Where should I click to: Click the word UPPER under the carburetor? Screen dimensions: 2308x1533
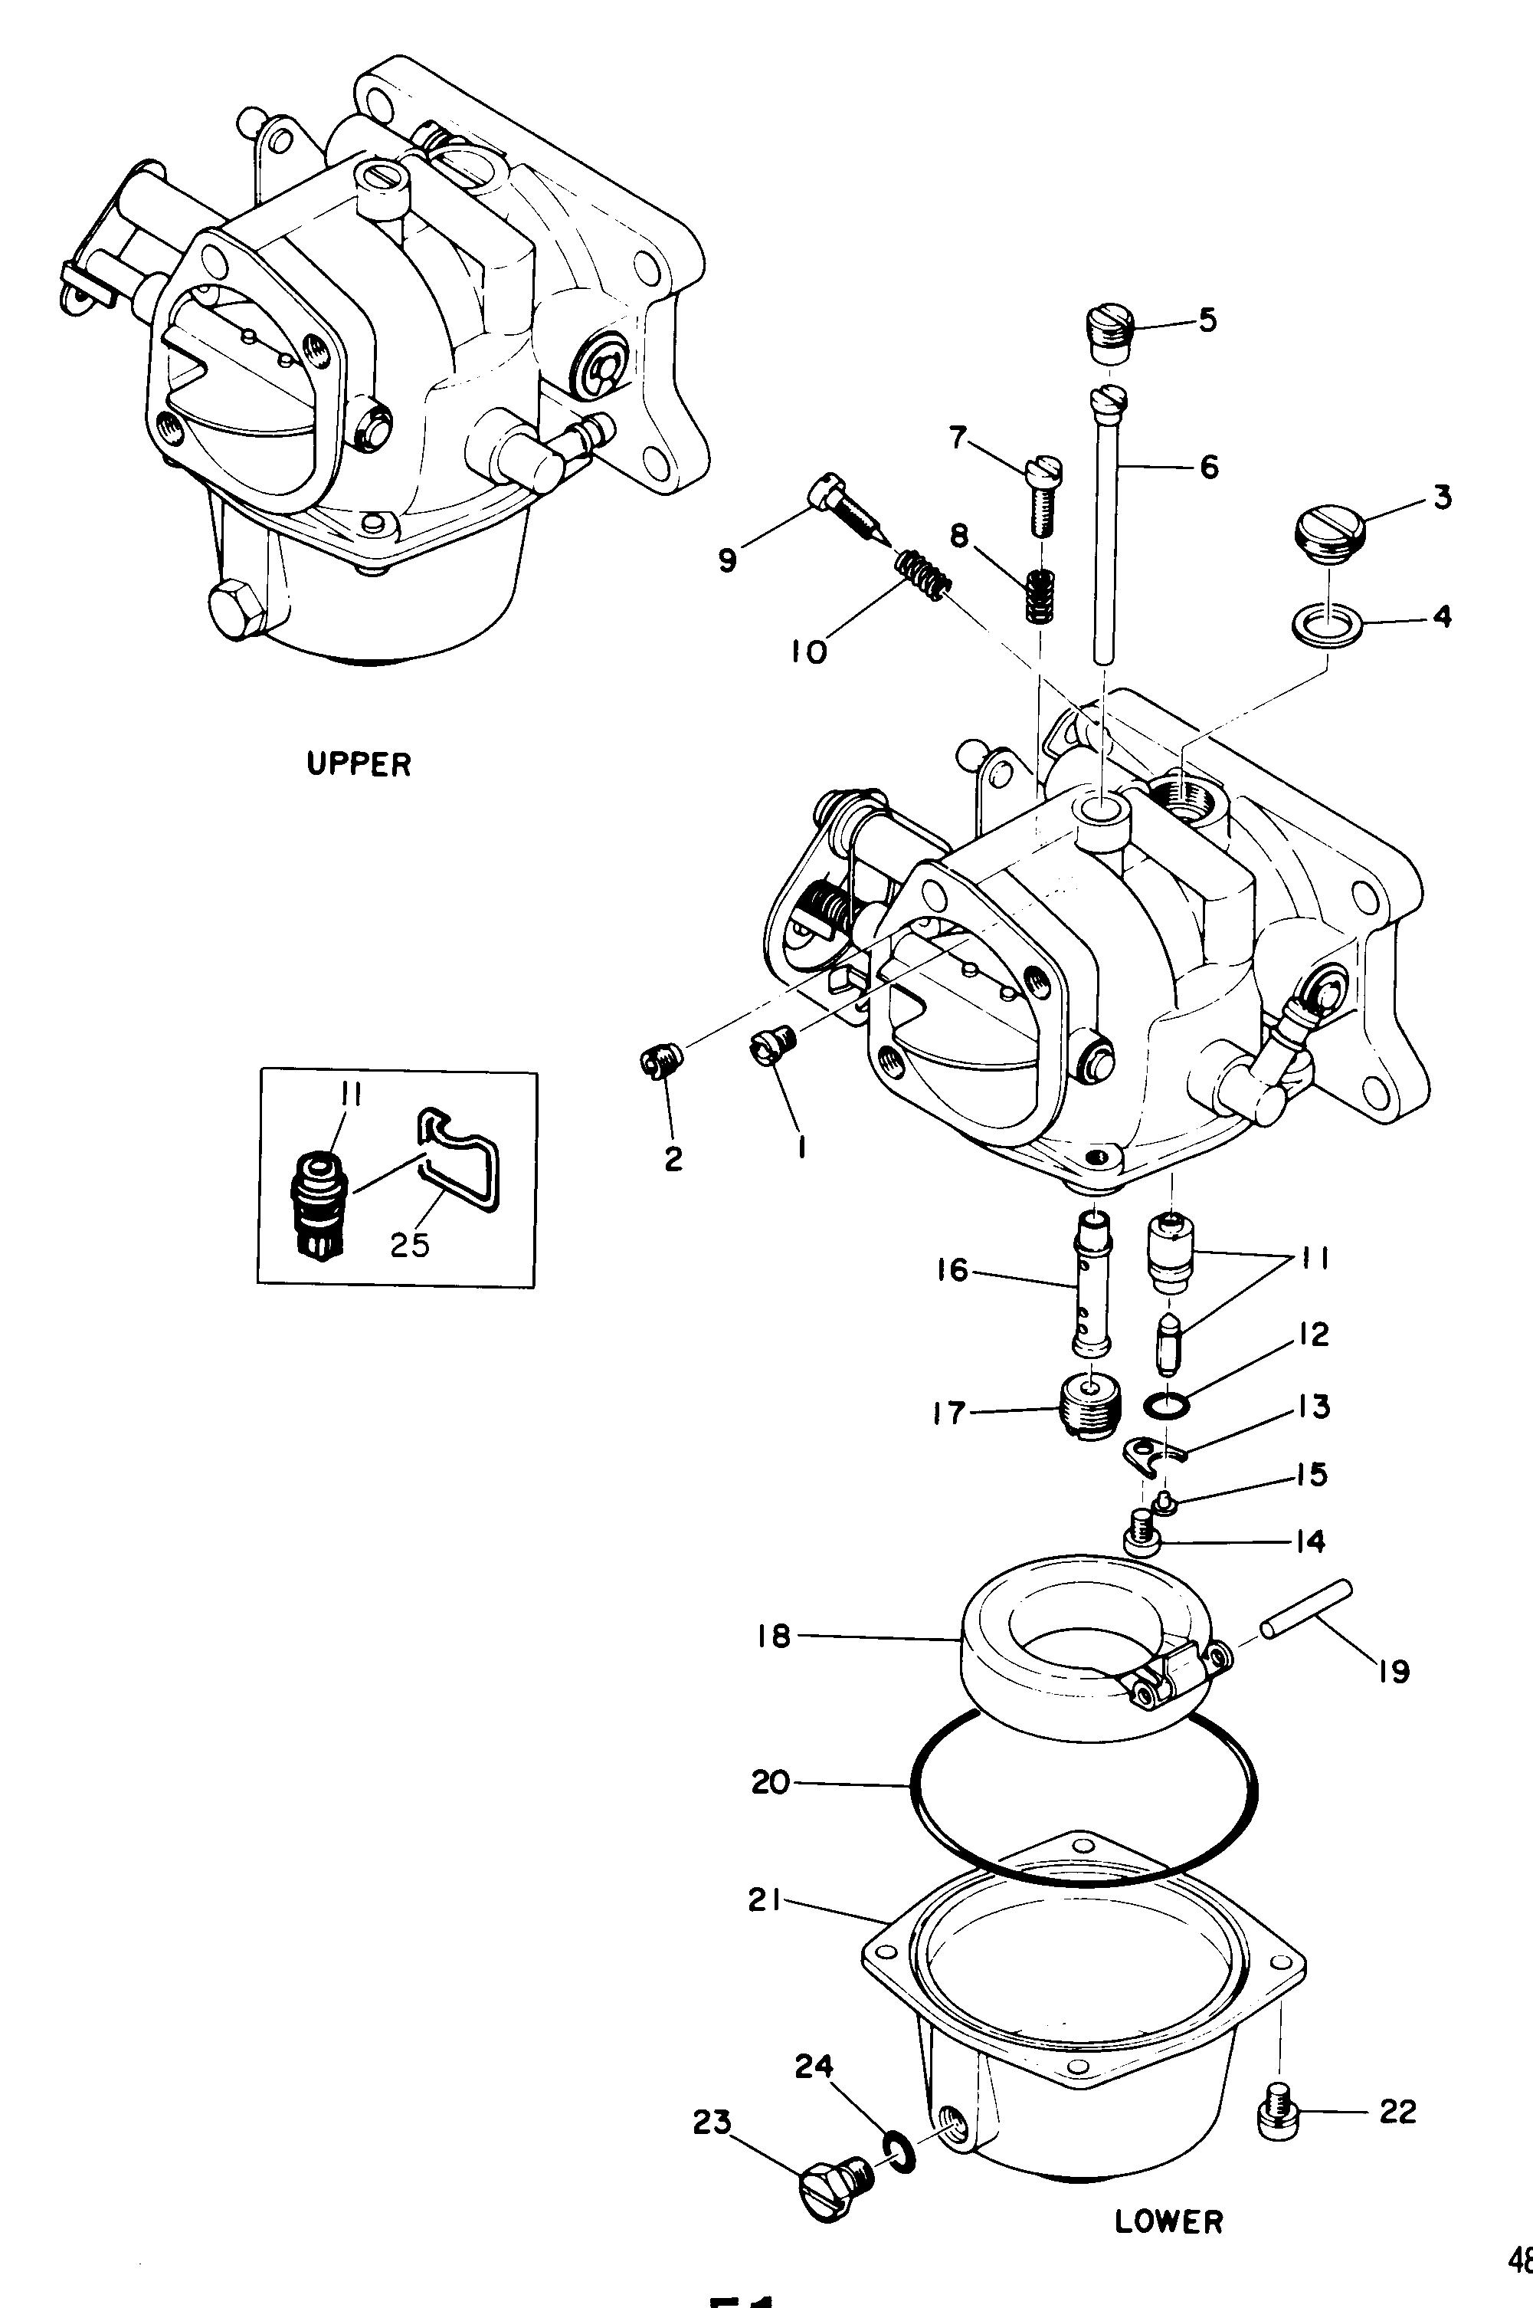pyautogui.click(x=359, y=763)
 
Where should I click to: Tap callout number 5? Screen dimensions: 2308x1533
pyautogui.click(x=1208, y=320)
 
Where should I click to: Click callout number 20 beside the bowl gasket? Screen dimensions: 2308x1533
pyautogui.click(x=771, y=1783)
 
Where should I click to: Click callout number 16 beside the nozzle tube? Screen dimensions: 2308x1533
pyautogui.click(x=952, y=1270)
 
